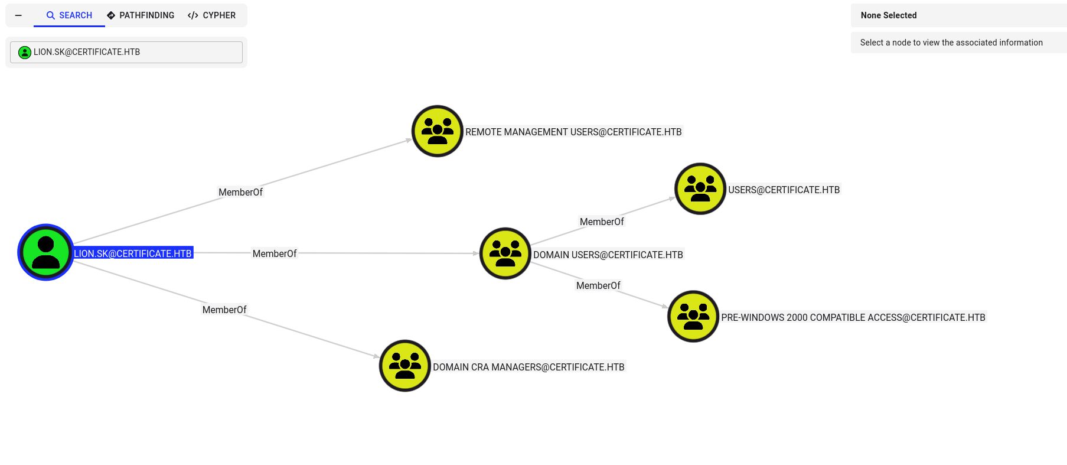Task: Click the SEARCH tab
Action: click(x=69, y=15)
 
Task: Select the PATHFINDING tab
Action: click(x=141, y=15)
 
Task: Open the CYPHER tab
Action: click(x=211, y=15)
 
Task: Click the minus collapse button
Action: click(x=19, y=15)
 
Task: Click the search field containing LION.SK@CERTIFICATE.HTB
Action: click(x=126, y=52)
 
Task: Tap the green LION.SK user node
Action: click(x=45, y=252)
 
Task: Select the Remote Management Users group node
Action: click(x=437, y=131)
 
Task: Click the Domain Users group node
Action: click(x=505, y=253)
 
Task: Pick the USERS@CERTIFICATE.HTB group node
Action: click(x=700, y=189)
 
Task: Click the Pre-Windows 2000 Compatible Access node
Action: click(x=693, y=316)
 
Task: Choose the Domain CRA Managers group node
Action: click(x=404, y=366)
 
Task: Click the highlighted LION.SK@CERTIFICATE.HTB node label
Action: click(x=133, y=253)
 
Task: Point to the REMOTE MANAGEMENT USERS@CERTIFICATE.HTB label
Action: click(x=573, y=132)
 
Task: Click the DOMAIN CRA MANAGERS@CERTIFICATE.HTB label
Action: click(x=528, y=367)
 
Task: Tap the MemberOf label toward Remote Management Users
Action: click(x=240, y=192)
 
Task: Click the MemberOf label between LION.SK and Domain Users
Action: click(x=275, y=253)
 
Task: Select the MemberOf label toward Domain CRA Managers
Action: click(x=224, y=310)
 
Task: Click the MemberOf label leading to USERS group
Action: click(x=602, y=222)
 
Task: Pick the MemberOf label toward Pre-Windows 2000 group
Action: click(x=598, y=285)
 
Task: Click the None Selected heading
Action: click(x=889, y=15)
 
